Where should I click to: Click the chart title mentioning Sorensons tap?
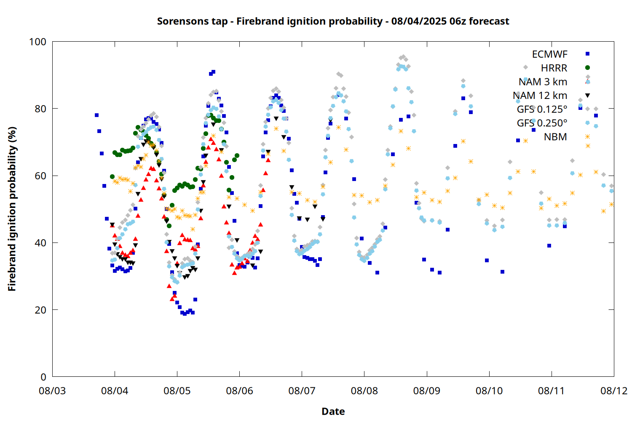[333, 21]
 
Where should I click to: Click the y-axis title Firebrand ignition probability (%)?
[12, 209]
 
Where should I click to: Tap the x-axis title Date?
[333, 411]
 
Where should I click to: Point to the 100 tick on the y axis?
[38, 42]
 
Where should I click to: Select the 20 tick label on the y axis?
[40, 309]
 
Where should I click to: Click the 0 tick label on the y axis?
[43, 377]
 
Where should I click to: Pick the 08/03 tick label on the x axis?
[52, 391]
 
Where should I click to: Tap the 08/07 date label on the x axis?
[302, 391]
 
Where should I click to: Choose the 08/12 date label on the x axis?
[614, 391]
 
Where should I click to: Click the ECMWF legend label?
[549, 54]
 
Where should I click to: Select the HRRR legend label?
[554, 68]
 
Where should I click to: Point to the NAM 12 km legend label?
[540, 96]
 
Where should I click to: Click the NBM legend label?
[556, 137]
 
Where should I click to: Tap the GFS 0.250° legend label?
[542, 123]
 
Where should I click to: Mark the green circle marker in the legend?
[588, 68]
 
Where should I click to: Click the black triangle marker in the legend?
[588, 96]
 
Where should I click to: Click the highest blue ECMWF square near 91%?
[213, 72]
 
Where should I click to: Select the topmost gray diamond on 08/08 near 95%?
[404, 57]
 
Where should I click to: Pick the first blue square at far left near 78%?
[97, 115]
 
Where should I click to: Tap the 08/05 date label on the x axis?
[177, 391]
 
